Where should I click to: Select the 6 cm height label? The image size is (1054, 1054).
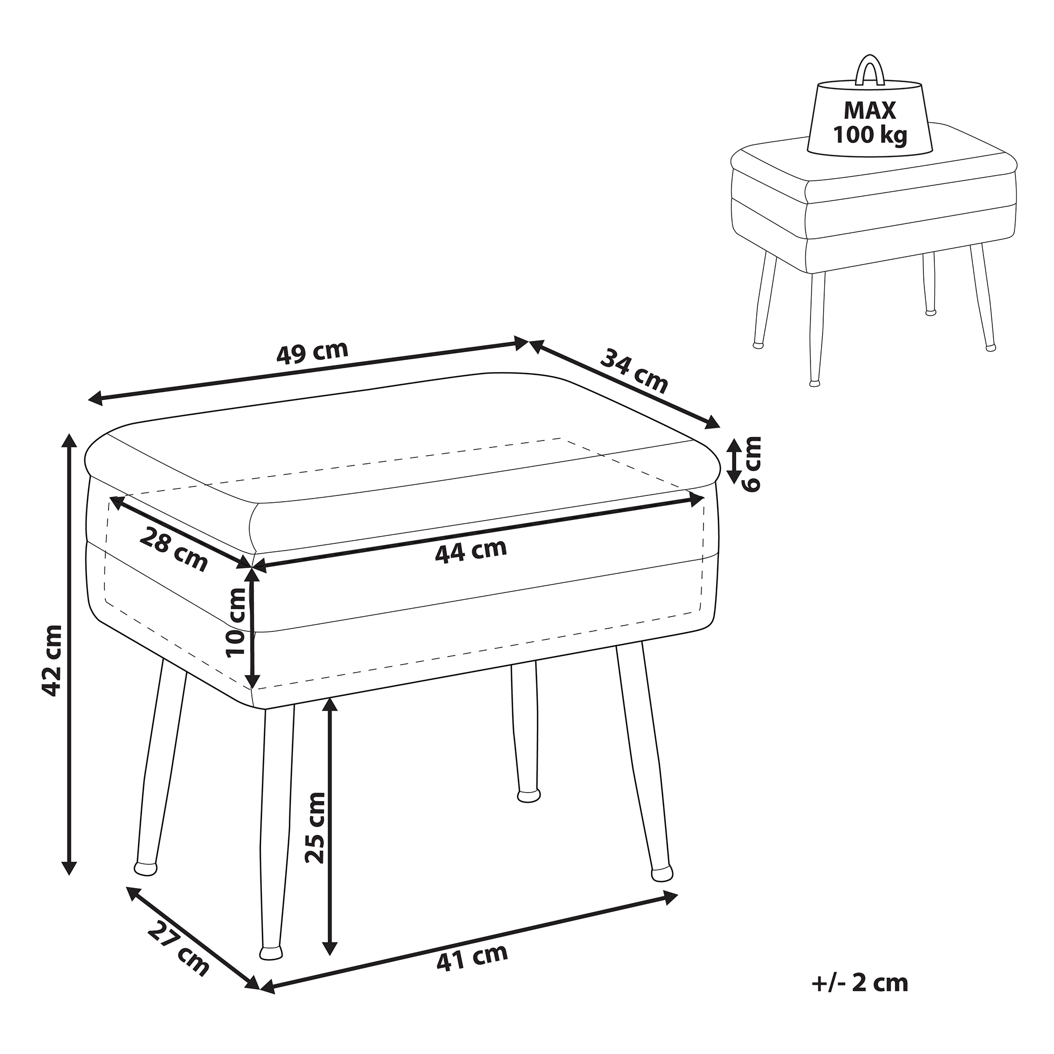(x=753, y=464)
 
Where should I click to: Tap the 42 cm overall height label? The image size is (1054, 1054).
(x=52, y=661)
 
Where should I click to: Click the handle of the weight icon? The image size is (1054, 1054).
(x=869, y=71)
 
